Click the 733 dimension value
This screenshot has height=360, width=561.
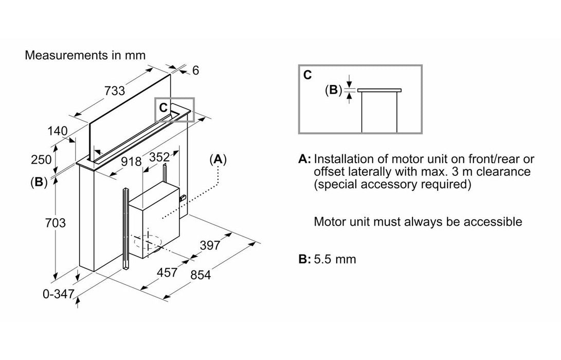click(x=115, y=91)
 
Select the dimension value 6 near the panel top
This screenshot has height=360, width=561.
click(x=195, y=70)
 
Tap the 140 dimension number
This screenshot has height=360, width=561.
click(x=58, y=131)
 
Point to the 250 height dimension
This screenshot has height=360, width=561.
click(x=41, y=159)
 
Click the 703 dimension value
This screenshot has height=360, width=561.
click(x=56, y=223)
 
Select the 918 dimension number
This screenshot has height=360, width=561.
click(x=132, y=161)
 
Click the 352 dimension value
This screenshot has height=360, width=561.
click(x=159, y=158)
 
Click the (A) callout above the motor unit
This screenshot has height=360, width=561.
click(x=219, y=159)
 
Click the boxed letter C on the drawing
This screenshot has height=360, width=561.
click(x=163, y=107)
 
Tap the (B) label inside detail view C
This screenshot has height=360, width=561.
click(x=333, y=90)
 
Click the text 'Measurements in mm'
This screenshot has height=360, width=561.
click(x=85, y=55)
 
